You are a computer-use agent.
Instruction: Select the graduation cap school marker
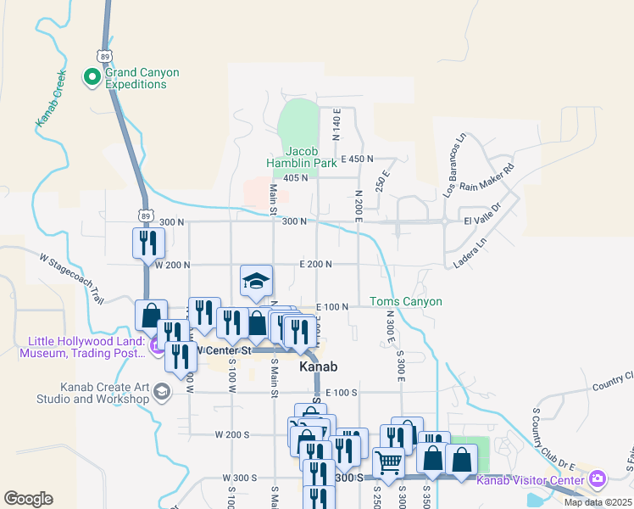(x=255, y=282)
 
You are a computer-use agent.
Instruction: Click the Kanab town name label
(x=319, y=367)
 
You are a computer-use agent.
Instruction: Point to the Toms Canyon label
(x=406, y=301)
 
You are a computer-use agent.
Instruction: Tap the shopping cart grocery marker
(x=388, y=463)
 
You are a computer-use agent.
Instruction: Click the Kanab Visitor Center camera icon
(x=598, y=480)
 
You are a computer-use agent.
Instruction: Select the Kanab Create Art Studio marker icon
(x=162, y=391)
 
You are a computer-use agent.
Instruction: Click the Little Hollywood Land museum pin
(x=157, y=346)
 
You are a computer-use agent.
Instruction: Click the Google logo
(x=28, y=499)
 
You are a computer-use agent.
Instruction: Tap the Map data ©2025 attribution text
(x=598, y=502)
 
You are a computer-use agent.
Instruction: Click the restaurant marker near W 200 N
(x=148, y=243)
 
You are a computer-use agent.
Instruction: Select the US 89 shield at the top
(x=105, y=55)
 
